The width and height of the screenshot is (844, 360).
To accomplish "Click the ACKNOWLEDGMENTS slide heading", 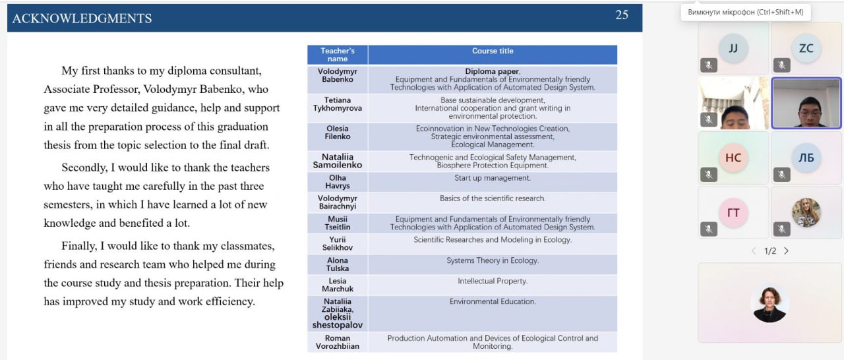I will pyautogui.click(x=82, y=18).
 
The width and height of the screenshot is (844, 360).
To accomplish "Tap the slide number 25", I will pyautogui.click(x=622, y=15).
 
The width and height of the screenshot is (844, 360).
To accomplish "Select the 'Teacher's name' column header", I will pyautogui.click(x=338, y=55).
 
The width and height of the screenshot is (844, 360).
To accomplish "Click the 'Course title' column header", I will pyautogui.click(x=492, y=51).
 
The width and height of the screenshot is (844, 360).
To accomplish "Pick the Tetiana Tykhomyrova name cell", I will pyautogui.click(x=338, y=104).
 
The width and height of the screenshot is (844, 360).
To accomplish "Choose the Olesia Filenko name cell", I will pyautogui.click(x=338, y=133).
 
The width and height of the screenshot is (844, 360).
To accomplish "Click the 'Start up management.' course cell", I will pyautogui.click(x=492, y=178).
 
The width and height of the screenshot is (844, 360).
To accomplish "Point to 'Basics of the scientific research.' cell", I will pyautogui.click(x=492, y=198).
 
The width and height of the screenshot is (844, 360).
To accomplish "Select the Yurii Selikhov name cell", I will pyautogui.click(x=338, y=243).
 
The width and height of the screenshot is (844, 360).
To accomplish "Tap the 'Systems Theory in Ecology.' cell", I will pyautogui.click(x=492, y=260).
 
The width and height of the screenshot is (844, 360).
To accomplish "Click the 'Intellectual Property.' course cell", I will pyautogui.click(x=492, y=281).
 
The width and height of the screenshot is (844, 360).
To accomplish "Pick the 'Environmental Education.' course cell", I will pyautogui.click(x=492, y=301).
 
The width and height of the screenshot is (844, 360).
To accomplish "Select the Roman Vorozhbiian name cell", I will pyautogui.click(x=338, y=342).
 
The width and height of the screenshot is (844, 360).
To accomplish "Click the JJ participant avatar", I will pyautogui.click(x=733, y=48).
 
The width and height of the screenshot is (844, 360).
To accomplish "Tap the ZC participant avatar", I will pyautogui.click(x=806, y=48).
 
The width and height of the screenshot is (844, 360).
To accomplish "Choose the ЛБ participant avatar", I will pyautogui.click(x=806, y=158).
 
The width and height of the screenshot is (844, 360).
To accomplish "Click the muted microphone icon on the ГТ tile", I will pyautogui.click(x=709, y=229).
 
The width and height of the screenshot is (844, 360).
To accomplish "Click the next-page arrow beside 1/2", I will pyautogui.click(x=786, y=251).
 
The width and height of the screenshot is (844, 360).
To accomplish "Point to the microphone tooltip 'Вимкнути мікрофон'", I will pyautogui.click(x=745, y=12).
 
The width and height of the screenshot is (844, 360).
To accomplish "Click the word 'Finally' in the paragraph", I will pyautogui.click(x=78, y=246).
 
